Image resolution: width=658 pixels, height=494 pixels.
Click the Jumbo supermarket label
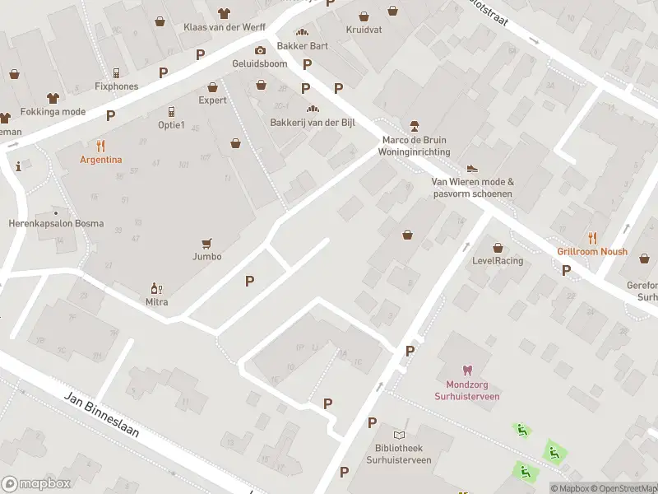point(207,256)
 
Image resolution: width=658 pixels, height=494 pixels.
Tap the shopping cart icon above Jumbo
point(207,243)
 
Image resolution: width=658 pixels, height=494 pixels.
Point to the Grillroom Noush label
point(591,251)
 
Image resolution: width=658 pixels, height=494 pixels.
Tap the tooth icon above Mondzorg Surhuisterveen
point(467,370)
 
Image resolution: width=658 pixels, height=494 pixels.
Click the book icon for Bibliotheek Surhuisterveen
point(400,435)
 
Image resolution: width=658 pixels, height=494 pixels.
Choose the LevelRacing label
point(498,261)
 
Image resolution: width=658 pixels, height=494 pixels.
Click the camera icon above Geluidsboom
point(260,50)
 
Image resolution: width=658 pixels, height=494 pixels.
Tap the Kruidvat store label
point(364,29)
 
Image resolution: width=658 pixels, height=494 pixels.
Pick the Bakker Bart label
point(302,45)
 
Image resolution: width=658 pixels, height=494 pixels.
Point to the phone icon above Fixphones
point(116,72)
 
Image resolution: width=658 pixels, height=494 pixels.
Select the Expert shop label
point(212,100)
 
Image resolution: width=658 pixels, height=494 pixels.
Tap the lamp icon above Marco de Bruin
point(414,126)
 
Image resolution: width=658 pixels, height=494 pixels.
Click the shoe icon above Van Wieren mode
point(472,169)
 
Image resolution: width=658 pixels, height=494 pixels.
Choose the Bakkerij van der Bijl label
point(312,122)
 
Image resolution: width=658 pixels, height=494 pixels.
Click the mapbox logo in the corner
point(36,484)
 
